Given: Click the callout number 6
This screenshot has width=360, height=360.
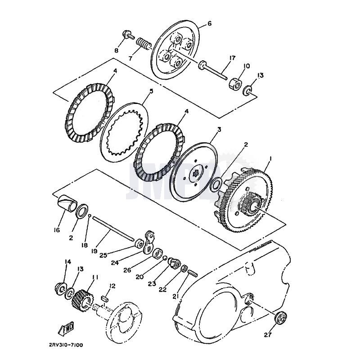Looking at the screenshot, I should (209, 23).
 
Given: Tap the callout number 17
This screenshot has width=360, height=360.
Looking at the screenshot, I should (232, 58).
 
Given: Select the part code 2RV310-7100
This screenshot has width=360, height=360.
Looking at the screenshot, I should (66, 345).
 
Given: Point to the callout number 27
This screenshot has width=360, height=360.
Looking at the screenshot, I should (268, 335).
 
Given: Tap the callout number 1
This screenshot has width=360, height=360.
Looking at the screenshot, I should (271, 158).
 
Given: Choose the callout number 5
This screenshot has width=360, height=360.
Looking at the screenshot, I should (151, 91).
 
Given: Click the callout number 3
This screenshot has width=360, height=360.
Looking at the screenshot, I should (219, 130).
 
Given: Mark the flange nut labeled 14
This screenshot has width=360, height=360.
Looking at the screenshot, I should (59, 287).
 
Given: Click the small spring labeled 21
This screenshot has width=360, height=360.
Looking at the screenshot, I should (193, 273).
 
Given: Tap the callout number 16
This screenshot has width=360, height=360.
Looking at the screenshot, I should (56, 230).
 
